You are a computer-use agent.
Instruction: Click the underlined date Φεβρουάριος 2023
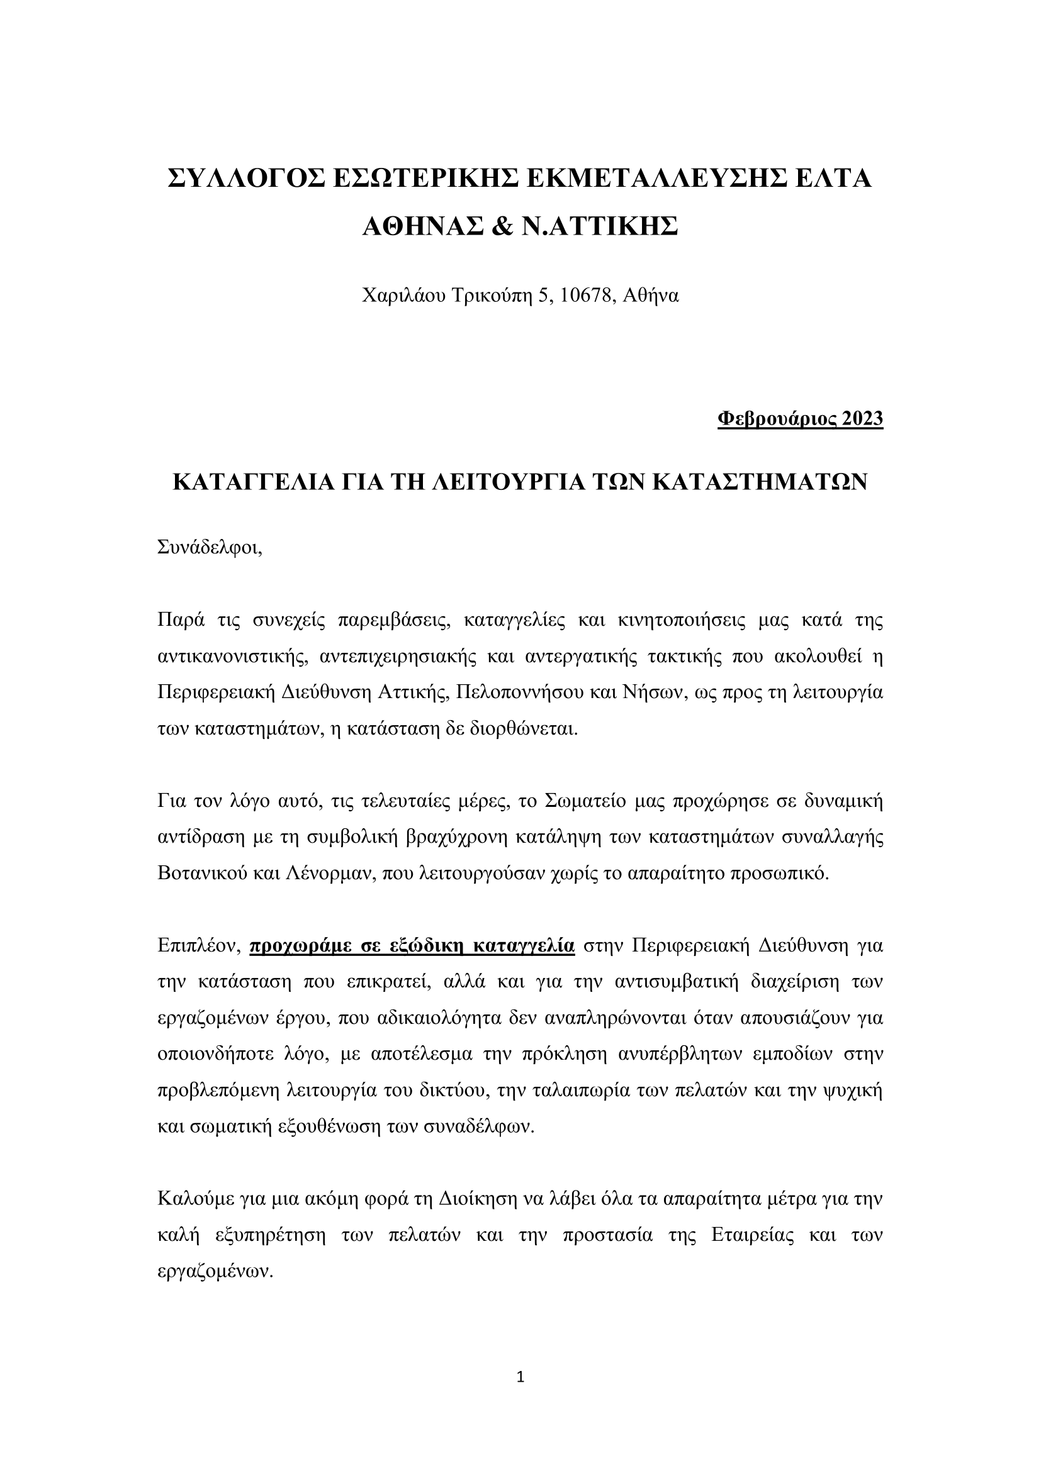800,418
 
